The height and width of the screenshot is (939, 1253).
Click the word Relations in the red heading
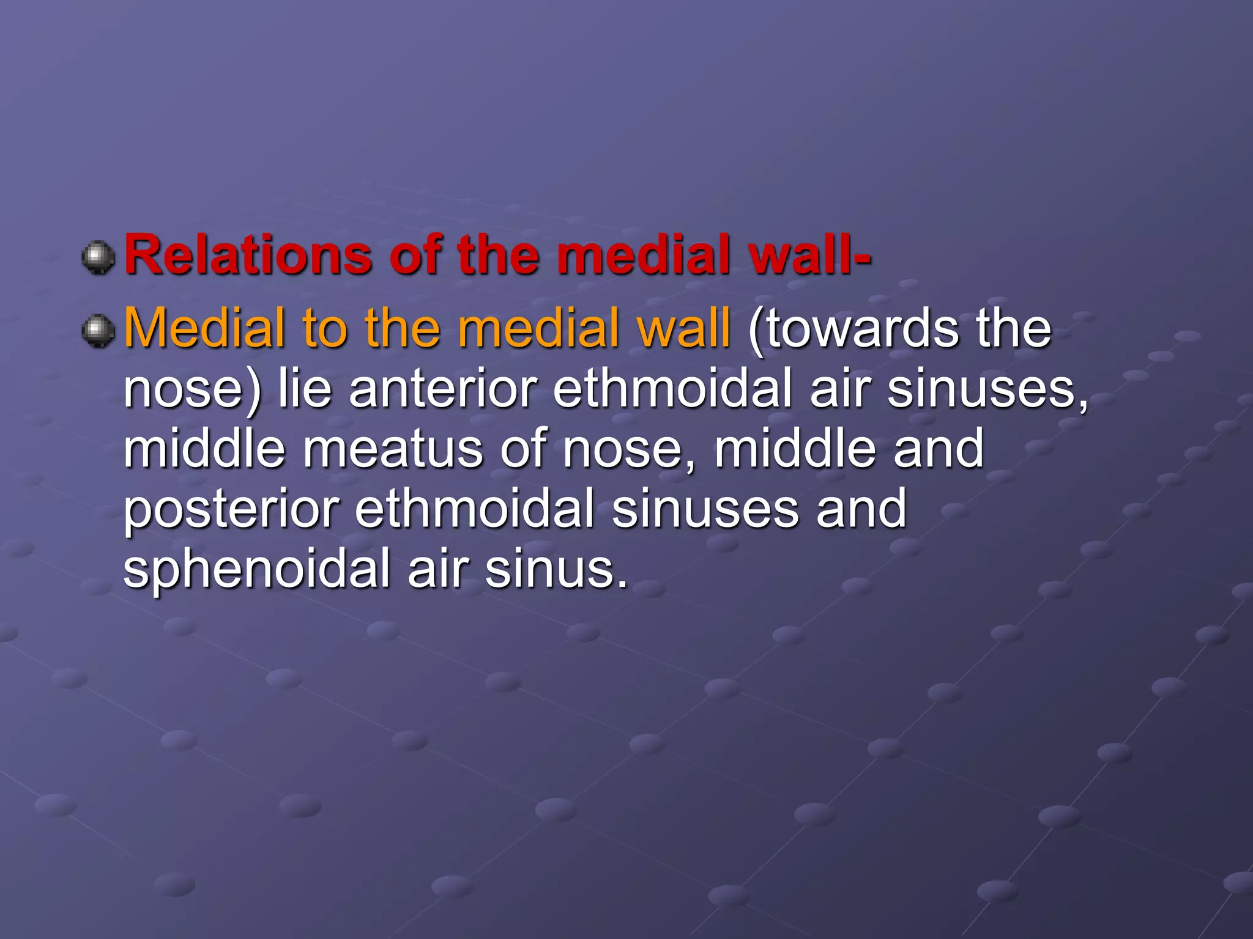click(x=248, y=255)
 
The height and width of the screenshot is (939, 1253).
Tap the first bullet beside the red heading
click(x=98, y=257)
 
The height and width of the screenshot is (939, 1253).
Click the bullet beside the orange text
click(x=98, y=331)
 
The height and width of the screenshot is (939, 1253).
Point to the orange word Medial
click(x=204, y=328)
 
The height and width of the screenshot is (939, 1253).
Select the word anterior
click(x=444, y=389)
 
